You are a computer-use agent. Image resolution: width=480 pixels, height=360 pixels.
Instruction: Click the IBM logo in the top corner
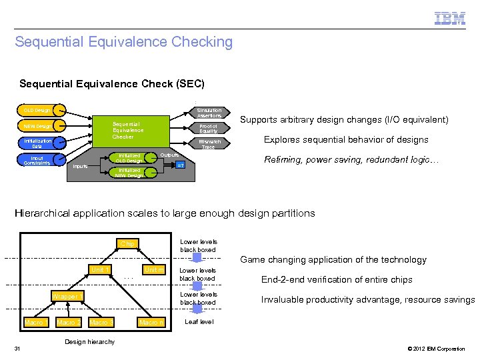[449, 18]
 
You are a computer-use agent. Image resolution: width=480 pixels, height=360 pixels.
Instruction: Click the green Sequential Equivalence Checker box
[127, 130]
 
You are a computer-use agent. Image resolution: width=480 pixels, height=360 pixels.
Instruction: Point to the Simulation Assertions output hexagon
[209, 113]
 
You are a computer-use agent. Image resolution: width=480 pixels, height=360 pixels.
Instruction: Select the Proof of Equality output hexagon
[208, 128]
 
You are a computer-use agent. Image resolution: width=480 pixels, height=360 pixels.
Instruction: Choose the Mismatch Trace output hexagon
[208, 144]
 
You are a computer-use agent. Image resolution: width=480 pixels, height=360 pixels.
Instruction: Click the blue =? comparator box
[179, 165]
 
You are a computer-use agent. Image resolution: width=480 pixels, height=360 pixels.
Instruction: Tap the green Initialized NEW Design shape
[132, 173]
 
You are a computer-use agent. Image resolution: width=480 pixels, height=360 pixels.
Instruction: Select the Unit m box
[154, 269]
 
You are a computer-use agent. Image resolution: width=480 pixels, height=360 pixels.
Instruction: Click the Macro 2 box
[68, 323]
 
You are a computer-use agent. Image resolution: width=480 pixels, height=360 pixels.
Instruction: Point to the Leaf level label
[199, 321]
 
